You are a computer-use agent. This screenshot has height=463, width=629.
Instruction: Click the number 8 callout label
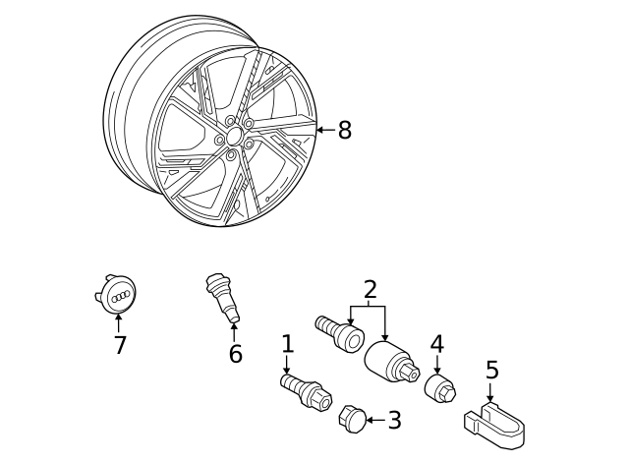(344, 131)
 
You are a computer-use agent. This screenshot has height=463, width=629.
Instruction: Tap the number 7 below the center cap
(120, 345)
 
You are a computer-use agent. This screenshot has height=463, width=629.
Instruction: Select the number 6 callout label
(235, 354)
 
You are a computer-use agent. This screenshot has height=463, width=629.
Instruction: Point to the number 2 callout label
(370, 289)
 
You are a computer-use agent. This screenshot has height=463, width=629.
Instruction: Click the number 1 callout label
(287, 344)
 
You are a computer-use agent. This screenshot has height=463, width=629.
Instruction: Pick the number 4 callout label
(436, 344)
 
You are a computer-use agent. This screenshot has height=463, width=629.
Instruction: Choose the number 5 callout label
(492, 370)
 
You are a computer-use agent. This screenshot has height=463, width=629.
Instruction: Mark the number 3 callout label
(394, 421)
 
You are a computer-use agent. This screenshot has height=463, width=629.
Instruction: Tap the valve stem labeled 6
(222, 298)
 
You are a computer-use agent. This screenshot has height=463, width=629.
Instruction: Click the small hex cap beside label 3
(351, 419)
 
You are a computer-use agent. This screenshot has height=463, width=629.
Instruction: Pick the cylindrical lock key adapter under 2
(391, 363)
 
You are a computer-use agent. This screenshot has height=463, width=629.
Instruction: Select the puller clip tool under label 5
(493, 424)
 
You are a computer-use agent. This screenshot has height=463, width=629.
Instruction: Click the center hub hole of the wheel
(232, 138)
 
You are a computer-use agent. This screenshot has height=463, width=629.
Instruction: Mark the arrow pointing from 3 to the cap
(373, 421)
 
